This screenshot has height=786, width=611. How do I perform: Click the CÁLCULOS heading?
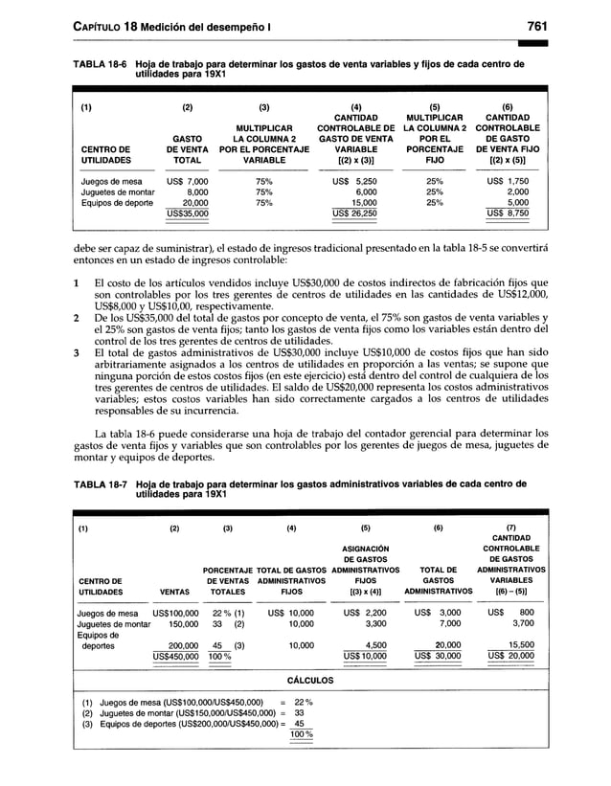pyautogui.click(x=309, y=680)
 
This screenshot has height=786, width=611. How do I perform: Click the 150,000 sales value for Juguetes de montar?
pyautogui.click(x=177, y=621)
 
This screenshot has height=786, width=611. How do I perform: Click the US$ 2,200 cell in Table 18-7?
pyautogui.click(x=363, y=610)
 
